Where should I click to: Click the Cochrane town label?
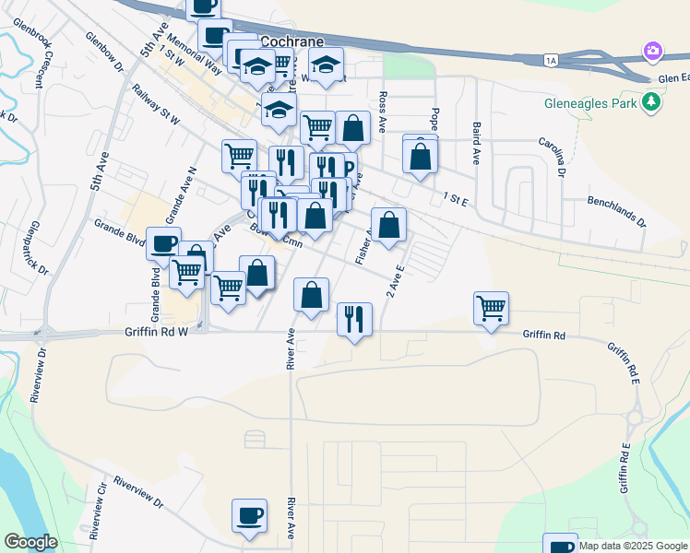tap(292, 41)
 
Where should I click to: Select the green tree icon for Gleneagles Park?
tap(653, 101)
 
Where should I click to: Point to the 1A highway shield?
tap(551, 60)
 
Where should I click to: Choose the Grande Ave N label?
tap(181, 195)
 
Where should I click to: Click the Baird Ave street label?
tap(477, 143)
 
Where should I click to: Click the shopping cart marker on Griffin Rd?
tap(491, 307)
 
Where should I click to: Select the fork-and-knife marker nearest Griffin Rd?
tap(354, 319)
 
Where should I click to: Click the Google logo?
tap(30, 541)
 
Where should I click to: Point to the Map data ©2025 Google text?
tap(631, 546)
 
